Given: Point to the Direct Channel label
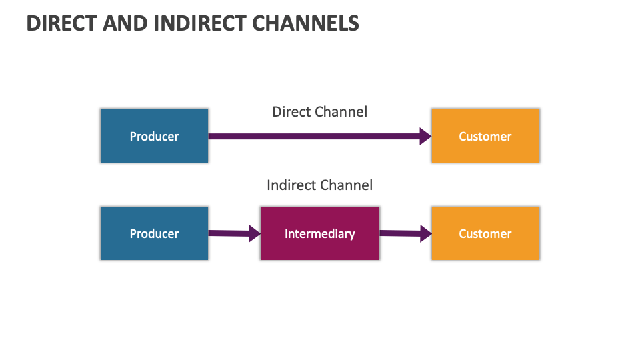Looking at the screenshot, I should [319, 112].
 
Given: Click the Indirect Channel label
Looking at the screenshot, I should [319, 185].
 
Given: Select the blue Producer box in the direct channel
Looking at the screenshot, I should [154, 136].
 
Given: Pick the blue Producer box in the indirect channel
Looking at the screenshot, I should [154, 233].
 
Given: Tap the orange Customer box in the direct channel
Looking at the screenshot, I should [485, 136].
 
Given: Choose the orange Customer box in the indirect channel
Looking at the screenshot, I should [485, 233].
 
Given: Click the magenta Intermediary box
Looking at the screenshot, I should [320, 233].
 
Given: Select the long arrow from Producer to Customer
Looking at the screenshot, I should [313, 137].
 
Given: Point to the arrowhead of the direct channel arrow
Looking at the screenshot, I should [425, 137].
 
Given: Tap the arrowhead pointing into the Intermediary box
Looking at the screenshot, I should [254, 233].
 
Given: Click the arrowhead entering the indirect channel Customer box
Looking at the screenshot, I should [425, 233].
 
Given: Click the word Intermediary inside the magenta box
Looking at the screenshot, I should [319, 234].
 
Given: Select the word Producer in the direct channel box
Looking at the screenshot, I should [154, 137].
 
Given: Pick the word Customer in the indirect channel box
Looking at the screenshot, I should [485, 234].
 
